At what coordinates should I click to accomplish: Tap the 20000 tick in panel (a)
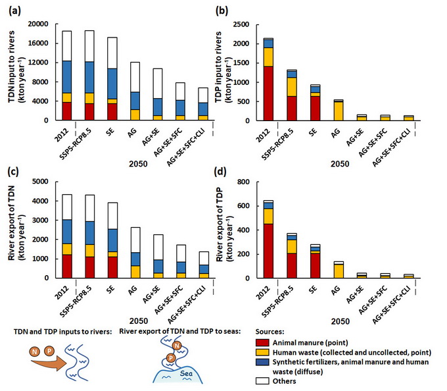point(38,24)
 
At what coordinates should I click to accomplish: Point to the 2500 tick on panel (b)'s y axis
point(250,24)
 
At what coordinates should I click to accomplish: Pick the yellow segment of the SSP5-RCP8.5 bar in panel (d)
point(293,246)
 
